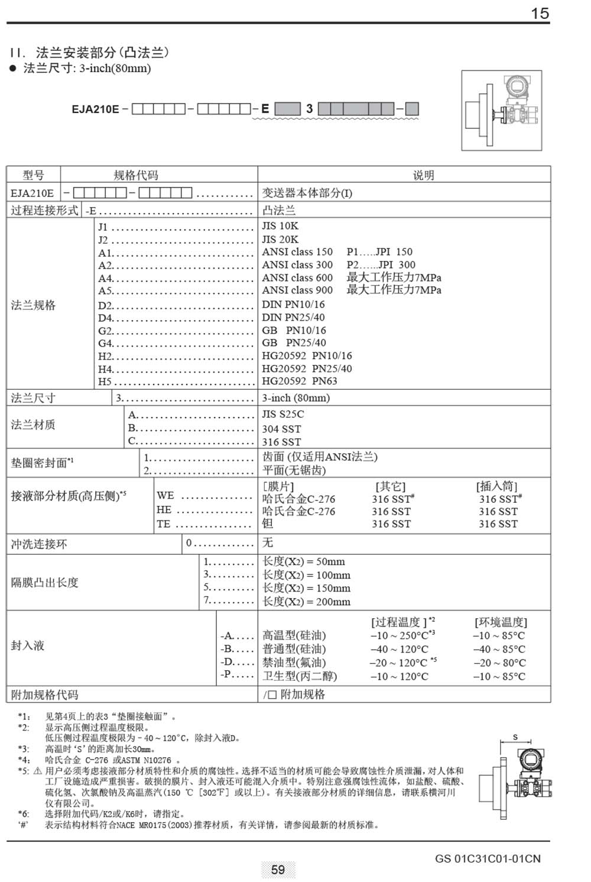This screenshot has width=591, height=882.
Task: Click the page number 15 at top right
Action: (540, 13)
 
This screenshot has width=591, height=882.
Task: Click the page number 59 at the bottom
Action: (278, 869)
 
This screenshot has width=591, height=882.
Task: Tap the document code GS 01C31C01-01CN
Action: (488, 858)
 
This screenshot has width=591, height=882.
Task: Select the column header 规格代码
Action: (135, 175)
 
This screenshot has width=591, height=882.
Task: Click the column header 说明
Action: (423, 175)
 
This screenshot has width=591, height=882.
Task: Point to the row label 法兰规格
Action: (33, 305)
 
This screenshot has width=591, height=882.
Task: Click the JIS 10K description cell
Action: (280, 226)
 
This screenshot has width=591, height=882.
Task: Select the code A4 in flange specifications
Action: (105, 278)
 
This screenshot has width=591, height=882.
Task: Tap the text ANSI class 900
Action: (297, 290)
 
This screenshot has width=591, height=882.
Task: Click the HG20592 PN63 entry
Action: (300, 381)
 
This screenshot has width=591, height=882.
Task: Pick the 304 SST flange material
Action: (281, 429)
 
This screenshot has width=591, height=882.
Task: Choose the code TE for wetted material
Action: (163, 524)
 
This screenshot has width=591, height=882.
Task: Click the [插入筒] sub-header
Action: (497, 486)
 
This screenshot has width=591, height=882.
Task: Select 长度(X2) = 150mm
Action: (306, 588)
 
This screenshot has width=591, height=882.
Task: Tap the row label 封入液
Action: (28, 645)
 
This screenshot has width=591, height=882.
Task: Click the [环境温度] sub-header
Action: (501, 622)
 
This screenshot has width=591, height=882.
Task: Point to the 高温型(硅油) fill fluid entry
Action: (294, 635)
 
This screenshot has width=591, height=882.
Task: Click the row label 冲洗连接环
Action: (39, 544)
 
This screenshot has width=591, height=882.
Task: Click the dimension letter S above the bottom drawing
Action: (515, 737)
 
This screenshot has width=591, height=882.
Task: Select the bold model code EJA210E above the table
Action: (95, 109)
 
